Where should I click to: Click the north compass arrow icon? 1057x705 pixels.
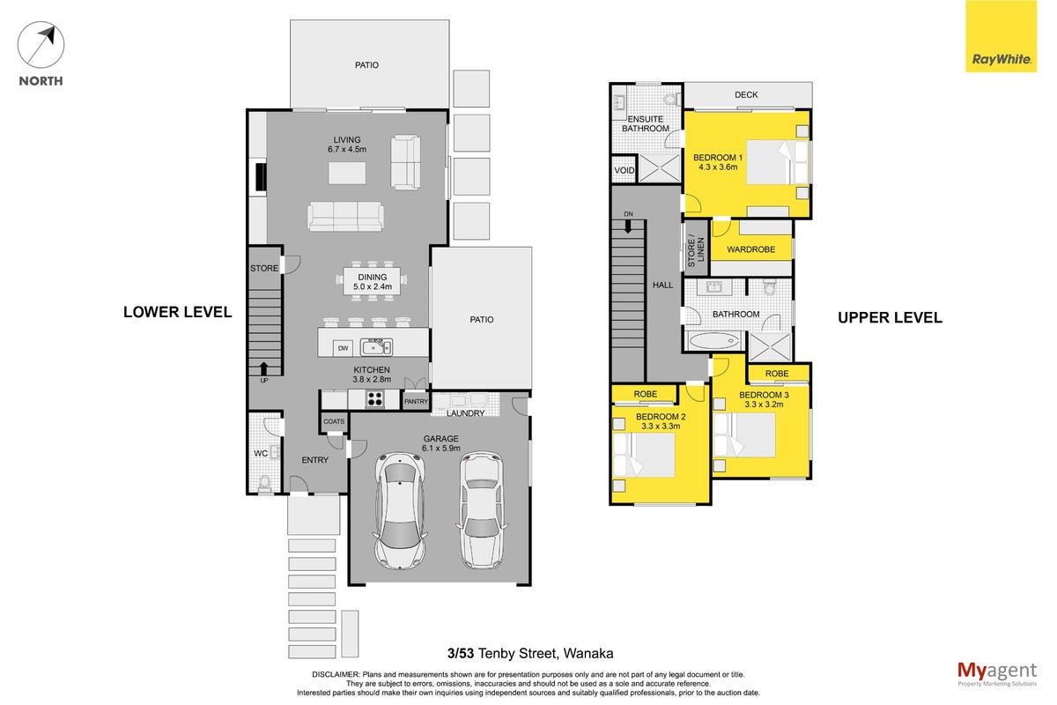pyautogui.click(x=41, y=45)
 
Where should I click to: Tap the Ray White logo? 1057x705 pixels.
pyautogui.click(x=1001, y=36)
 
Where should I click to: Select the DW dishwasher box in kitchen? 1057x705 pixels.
pyautogui.click(x=343, y=348)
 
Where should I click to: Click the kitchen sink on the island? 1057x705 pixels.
pyautogui.click(x=376, y=347)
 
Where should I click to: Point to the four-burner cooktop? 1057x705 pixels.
pyautogui.click(x=375, y=399)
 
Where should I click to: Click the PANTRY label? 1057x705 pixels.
pyautogui.click(x=416, y=401)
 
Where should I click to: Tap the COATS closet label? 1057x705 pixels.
pyautogui.click(x=334, y=421)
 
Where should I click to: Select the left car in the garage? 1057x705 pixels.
pyautogui.click(x=400, y=512)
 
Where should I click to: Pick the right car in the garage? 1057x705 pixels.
pyautogui.click(x=481, y=510)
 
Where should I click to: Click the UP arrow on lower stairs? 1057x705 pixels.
pyautogui.click(x=263, y=368)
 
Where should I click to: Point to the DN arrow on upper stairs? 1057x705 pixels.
pyautogui.click(x=628, y=227)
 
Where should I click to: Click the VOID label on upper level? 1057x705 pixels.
pyautogui.click(x=624, y=170)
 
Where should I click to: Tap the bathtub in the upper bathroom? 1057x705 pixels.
pyautogui.click(x=714, y=340)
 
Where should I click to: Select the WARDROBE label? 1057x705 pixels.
pyautogui.click(x=750, y=249)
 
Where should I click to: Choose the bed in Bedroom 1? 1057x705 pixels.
pyautogui.click(x=778, y=162)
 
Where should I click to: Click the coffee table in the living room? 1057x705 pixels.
pyautogui.click(x=347, y=173)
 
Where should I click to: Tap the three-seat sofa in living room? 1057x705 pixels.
pyautogui.click(x=345, y=217)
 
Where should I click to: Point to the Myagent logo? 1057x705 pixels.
pyautogui.click(x=997, y=674)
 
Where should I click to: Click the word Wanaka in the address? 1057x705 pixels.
pyautogui.click(x=588, y=654)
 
